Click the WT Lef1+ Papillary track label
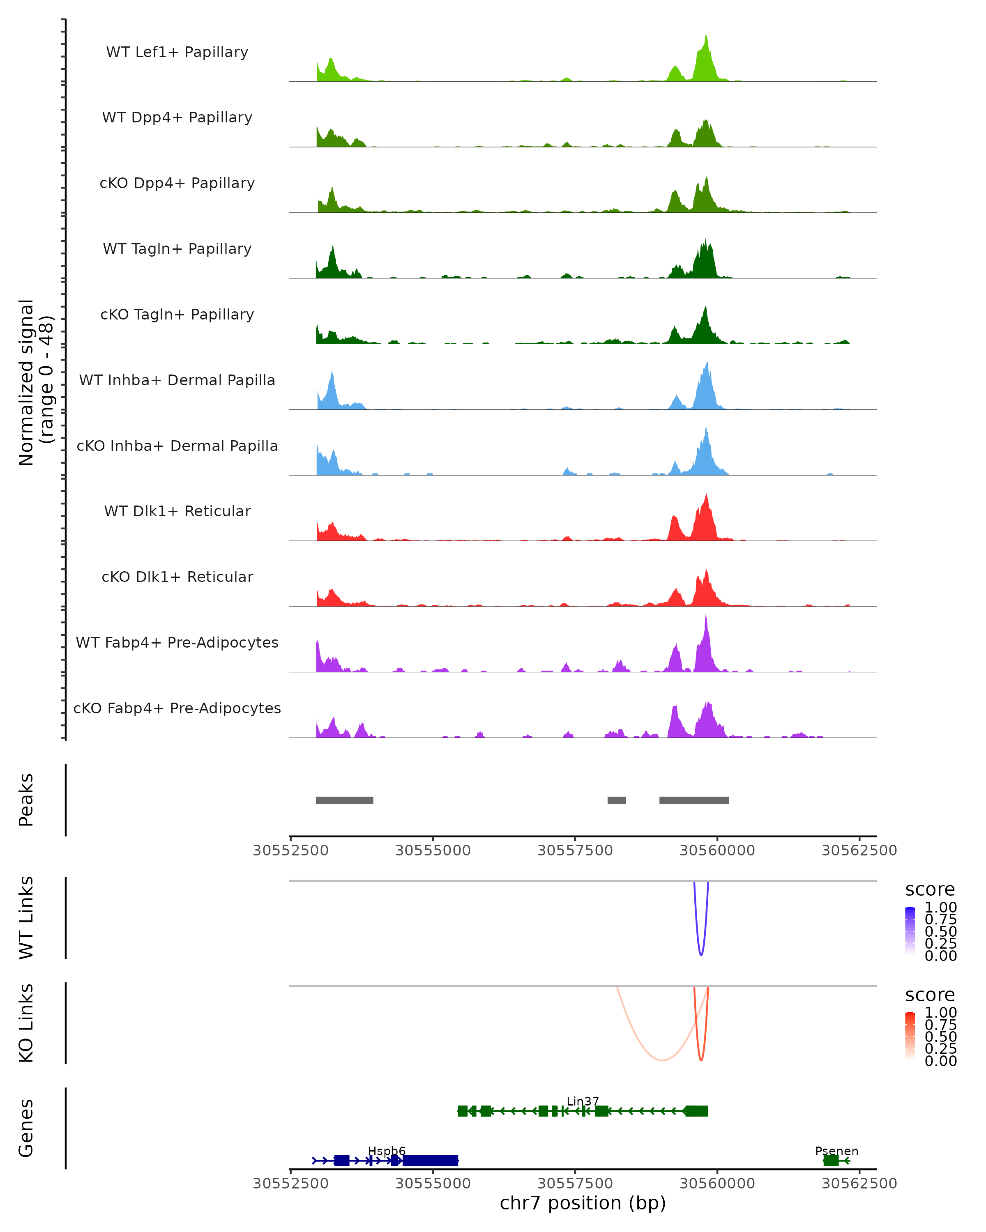177,52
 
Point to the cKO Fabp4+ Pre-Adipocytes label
177,708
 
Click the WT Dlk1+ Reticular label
177,511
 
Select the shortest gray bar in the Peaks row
616,800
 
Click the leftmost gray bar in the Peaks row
344,800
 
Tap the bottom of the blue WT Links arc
701,954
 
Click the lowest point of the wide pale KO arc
662,1060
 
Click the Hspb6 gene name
387,1151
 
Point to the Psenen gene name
836,1151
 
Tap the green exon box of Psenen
831,1161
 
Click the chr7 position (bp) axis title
583,1203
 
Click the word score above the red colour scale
930,995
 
